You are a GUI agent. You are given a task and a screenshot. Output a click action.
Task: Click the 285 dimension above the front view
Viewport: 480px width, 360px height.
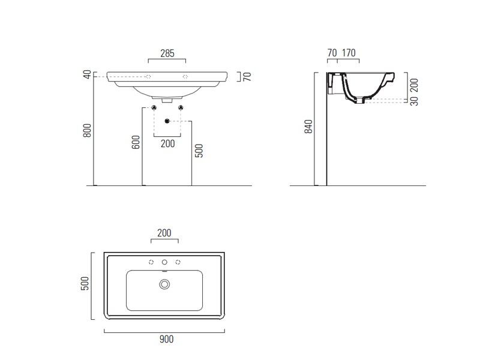[x=167, y=53]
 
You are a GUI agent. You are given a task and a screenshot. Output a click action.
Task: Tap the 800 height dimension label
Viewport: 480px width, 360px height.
[x=87, y=130]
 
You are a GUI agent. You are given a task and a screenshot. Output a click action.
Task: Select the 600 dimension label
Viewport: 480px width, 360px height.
[x=136, y=142]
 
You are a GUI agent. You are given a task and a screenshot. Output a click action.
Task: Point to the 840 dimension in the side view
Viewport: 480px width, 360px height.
[x=308, y=127]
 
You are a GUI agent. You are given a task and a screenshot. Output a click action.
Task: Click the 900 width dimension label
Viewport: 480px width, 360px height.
[x=167, y=339]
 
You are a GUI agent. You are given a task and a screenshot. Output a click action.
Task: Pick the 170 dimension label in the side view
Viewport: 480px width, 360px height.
[x=349, y=53]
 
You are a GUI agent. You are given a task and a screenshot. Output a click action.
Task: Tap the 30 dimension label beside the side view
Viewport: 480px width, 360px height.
[x=414, y=101]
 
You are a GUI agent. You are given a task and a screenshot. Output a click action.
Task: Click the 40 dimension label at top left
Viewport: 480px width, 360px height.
[x=87, y=74]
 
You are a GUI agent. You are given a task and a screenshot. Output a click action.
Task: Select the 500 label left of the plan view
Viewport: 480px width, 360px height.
[x=85, y=283]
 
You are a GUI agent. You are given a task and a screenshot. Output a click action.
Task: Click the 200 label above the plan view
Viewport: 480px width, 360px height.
[x=164, y=233]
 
